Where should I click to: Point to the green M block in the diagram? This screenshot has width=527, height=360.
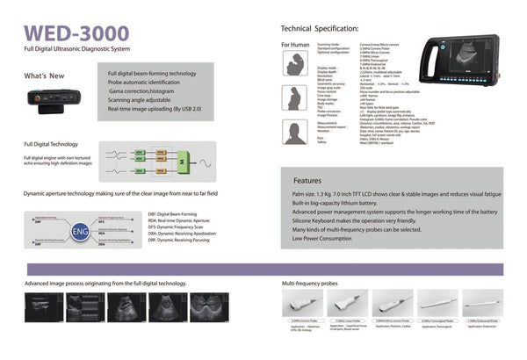(x=181, y=163)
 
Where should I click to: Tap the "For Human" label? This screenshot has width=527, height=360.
(x=294, y=44)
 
